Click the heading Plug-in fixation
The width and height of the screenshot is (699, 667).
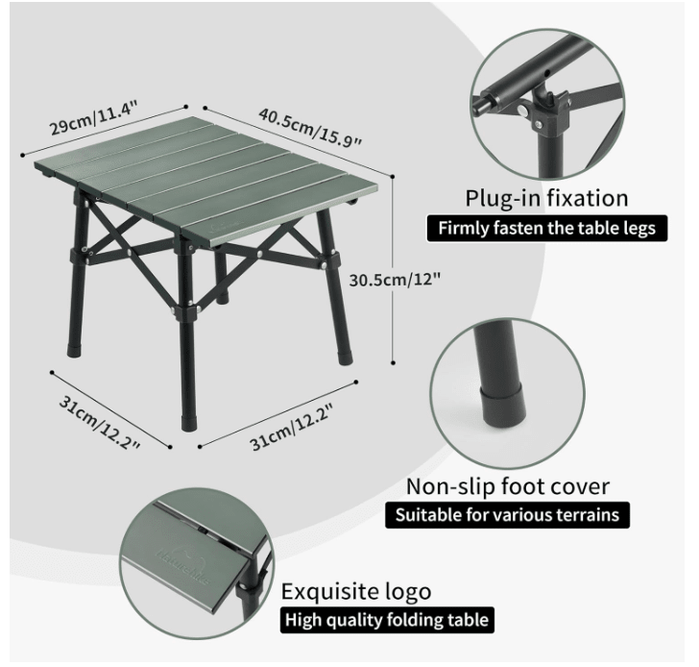(547, 199)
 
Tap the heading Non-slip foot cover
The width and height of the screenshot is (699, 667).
(507, 486)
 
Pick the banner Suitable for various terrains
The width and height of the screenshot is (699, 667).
(508, 515)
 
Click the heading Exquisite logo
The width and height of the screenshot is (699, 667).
(355, 590)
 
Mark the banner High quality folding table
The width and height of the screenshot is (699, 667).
(385, 620)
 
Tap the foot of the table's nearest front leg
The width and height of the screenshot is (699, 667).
(186, 421)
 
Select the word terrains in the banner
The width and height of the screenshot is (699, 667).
(583, 515)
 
